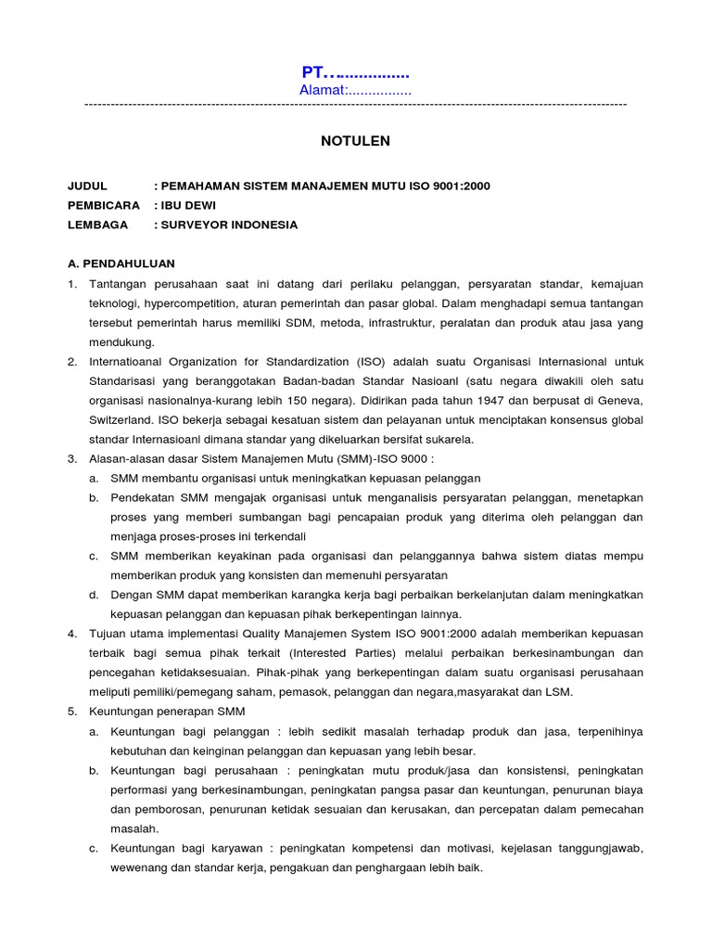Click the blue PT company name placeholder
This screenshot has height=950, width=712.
[x=355, y=72]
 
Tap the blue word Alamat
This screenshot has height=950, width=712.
[x=321, y=90]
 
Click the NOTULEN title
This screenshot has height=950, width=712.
[x=355, y=141]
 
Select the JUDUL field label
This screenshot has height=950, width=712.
[x=88, y=186]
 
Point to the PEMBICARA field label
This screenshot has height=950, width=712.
[x=104, y=205]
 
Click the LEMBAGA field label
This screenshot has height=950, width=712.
[x=95, y=225]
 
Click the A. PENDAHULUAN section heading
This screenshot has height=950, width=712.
[x=121, y=263]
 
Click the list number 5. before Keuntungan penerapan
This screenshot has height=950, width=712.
[x=72, y=712]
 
